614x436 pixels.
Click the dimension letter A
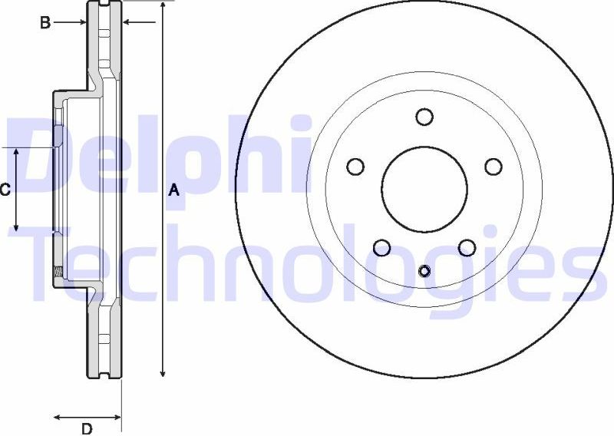tap(173, 190)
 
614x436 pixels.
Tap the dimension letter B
tap(45, 23)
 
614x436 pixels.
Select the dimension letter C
tap(5, 190)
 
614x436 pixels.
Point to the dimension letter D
tap(87, 428)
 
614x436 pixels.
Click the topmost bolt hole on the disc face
tap(424, 117)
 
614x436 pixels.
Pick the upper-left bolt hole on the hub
tap(355, 167)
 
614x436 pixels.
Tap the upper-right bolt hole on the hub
tap(494, 167)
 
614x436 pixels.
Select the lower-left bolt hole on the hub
tap(381, 247)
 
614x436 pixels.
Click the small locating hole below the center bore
tap(424, 270)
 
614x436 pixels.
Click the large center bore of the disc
tap(424, 189)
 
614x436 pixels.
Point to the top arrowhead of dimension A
tap(163, 6)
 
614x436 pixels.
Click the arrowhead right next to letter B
tap(81, 23)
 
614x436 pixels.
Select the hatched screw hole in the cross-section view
tap(58, 269)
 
